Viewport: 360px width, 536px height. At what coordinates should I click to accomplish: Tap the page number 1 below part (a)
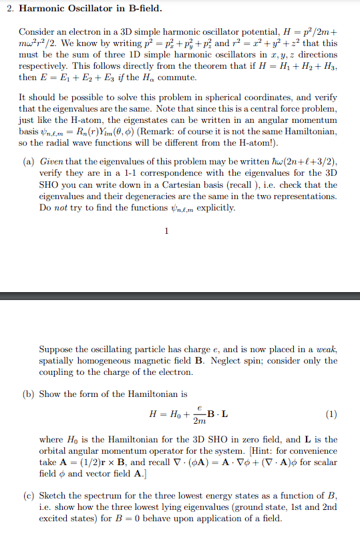pos(166,232)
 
